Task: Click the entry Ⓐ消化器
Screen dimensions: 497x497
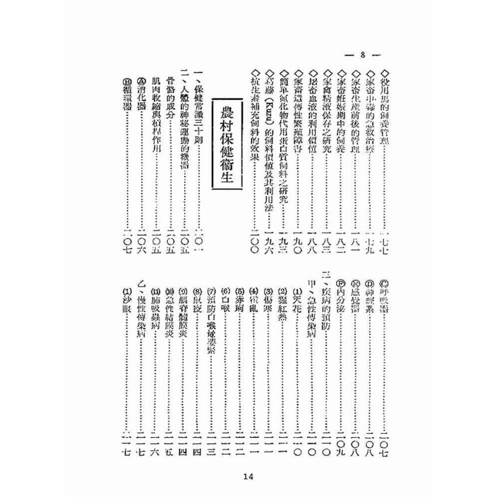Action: [x=141, y=96]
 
